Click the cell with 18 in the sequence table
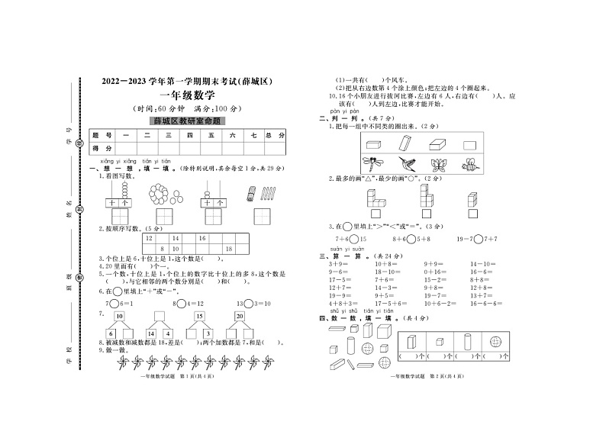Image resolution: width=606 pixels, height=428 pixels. click(x=228, y=249)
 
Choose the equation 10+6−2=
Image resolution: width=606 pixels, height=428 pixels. click(x=437, y=303)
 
